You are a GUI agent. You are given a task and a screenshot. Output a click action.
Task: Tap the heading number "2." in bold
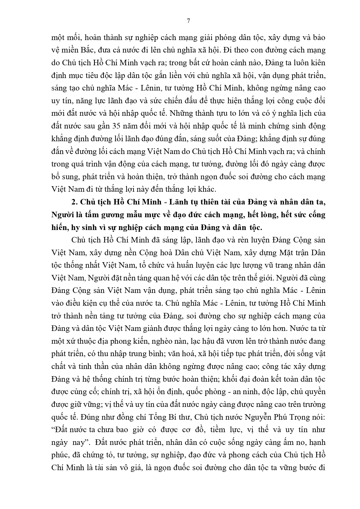tap(75, 202)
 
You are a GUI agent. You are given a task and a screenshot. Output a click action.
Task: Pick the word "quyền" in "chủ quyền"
tap(315, 392)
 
